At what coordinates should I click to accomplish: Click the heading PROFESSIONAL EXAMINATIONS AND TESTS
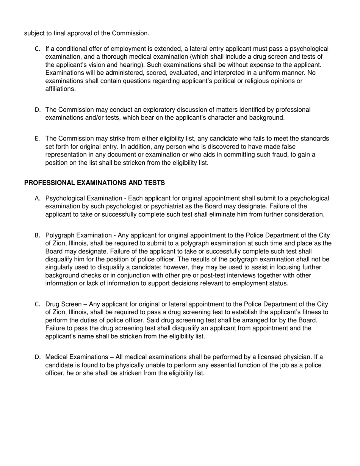coord(94,183)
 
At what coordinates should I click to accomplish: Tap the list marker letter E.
coord(37,139)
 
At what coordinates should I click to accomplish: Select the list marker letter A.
coord(37,199)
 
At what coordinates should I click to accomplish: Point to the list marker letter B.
coord(37,235)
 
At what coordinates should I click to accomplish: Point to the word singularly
coord(60,267)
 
